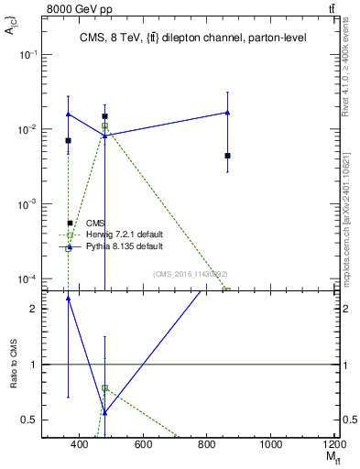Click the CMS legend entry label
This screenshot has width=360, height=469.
[95, 223]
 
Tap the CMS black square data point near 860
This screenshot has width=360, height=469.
[227, 156]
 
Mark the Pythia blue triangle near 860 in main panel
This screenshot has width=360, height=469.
[227, 113]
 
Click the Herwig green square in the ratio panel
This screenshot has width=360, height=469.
[105, 387]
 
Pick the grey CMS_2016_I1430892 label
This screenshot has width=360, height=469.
[191, 273]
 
